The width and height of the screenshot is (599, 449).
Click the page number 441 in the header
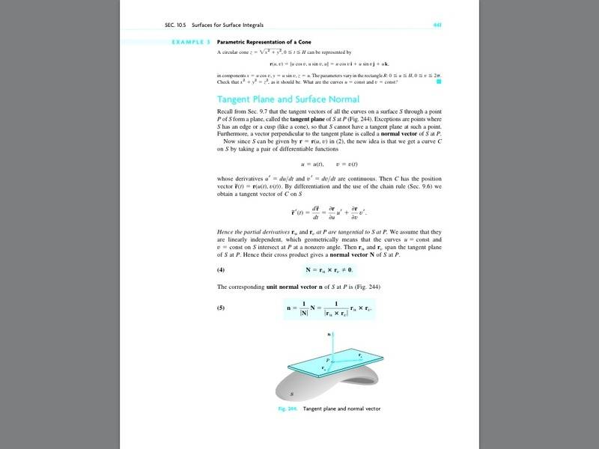(436, 25)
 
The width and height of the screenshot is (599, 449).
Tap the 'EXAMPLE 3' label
(191, 42)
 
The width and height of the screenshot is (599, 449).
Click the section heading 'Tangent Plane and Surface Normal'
(288, 99)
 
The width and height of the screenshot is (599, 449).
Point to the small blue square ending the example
(438, 81)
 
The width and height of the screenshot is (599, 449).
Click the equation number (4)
(221, 269)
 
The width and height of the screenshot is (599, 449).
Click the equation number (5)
(221, 307)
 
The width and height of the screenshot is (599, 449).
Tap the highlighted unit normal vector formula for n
(329, 308)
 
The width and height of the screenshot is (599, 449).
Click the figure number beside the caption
(288, 409)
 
